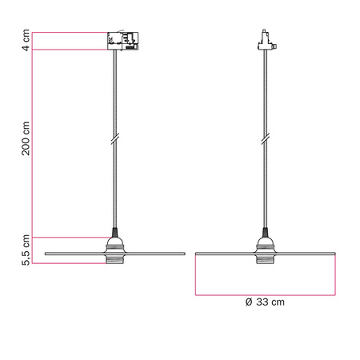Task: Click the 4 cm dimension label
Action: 26,41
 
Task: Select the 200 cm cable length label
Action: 26,139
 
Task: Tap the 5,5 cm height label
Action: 26,250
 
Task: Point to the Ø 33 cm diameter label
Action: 264,302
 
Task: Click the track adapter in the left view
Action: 122,41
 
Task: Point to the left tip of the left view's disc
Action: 46,254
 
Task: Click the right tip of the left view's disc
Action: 185,254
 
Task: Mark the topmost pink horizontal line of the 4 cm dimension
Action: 68,32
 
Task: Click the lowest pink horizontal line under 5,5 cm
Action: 68,263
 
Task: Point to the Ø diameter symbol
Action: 249,302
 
